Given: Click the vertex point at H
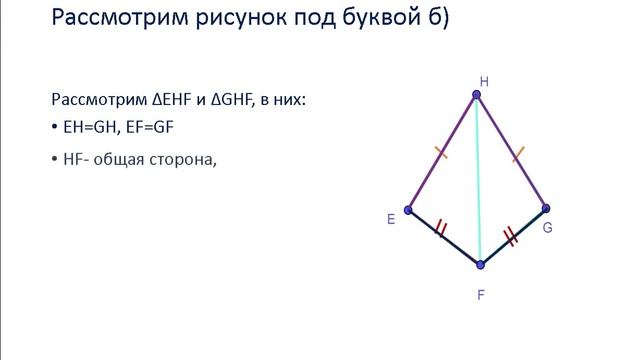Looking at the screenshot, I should tap(477, 95).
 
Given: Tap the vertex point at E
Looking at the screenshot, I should tap(408, 208).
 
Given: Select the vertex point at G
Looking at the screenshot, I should tap(545, 209).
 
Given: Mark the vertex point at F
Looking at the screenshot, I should tap(481, 264).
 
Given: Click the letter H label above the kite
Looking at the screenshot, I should tap(484, 80).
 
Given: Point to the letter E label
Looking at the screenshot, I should tap(391, 217).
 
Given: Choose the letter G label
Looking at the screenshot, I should tap(548, 228).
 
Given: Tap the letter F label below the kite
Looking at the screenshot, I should tap(481, 295).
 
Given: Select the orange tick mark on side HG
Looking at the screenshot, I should tap(518, 152).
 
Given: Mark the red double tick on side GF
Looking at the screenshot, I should tap(511, 236).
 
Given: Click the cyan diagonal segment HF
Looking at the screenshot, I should tap(479, 180).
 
